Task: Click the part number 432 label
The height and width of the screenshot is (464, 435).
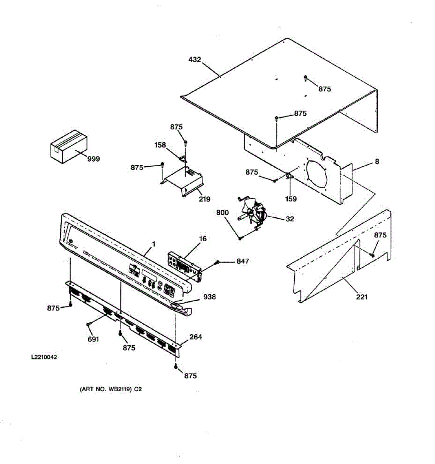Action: point(195,60)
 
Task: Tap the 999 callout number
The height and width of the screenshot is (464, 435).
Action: point(94,159)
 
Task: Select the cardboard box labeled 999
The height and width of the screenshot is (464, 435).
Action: point(69,147)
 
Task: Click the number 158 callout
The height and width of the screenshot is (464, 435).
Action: point(160,145)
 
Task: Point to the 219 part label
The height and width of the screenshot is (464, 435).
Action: point(205,199)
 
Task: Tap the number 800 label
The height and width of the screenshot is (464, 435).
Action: point(222,212)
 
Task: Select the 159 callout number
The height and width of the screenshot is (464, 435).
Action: point(291,199)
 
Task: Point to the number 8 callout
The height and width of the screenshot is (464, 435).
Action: point(377,161)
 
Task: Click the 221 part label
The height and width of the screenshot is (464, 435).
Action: point(362,297)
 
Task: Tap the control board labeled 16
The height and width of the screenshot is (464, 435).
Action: point(185,266)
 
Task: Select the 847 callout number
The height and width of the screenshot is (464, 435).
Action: point(242,261)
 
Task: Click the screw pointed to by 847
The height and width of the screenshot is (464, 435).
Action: point(217,263)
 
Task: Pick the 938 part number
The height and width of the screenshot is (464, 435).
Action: point(210,297)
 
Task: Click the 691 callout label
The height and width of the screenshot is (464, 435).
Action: point(93,339)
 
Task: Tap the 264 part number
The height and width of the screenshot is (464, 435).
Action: point(196,337)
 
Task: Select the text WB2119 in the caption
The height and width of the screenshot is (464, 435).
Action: point(119,389)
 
